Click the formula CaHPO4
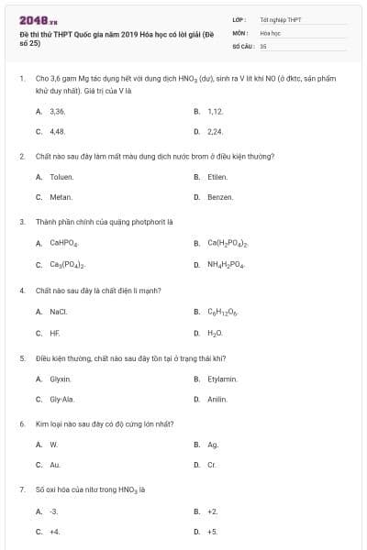(64, 244)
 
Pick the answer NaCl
(59, 312)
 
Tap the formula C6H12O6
(223, 313)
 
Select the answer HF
(55, 333)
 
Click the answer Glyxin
(61, 379)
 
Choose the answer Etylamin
(222, 379)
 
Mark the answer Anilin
(217, 400)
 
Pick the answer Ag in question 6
(213, 445)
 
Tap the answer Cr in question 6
(212, 465)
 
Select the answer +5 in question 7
(213, 532)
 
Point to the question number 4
(21, 291)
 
